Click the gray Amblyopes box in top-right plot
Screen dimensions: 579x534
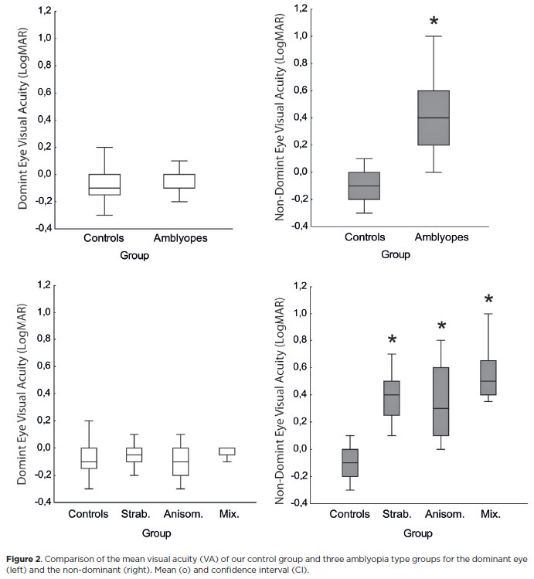[434, 118]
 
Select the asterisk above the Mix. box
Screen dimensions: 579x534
[488, 299]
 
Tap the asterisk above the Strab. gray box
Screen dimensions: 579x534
[393, 339]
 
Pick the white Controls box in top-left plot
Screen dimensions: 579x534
[104, 184]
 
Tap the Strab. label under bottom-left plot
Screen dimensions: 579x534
[135, 513]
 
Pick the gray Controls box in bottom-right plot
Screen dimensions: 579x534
[351, 463]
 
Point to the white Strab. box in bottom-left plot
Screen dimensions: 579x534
[135, 455]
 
